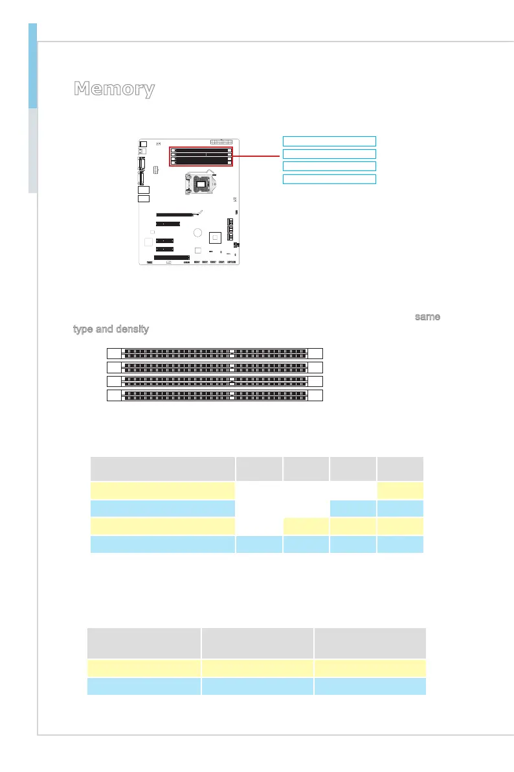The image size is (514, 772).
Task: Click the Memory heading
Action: [114, 89]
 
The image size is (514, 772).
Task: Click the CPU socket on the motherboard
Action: [201, 184]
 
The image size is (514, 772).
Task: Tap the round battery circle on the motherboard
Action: [198, 233]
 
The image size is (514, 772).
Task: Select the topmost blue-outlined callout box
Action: [330, 141]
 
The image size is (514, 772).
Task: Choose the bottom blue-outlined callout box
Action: [330, 178]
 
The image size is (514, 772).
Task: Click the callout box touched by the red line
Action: [330, 154]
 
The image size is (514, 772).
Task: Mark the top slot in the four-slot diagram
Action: [214, 353]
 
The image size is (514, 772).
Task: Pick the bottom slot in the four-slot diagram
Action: [214, 395]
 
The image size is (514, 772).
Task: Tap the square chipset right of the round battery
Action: [216, 238]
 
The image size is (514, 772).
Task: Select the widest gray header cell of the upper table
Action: [162, 468]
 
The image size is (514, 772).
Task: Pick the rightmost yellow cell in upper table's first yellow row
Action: [401, 491]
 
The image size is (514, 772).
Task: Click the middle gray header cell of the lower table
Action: [256, 642]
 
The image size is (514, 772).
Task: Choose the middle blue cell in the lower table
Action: [256, 686]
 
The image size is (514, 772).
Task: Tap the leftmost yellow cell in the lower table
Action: [144, 668]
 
